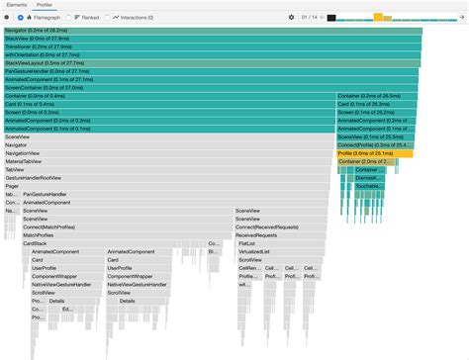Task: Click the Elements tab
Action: pyautogui.click(x=20, y=5)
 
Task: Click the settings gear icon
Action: pyautogui.click(x=291, y=18)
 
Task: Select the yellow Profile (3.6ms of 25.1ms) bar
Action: pyautogui.click(x=374, y=153)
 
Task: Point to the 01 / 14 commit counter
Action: pyautogui.click(x=311, y=18)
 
